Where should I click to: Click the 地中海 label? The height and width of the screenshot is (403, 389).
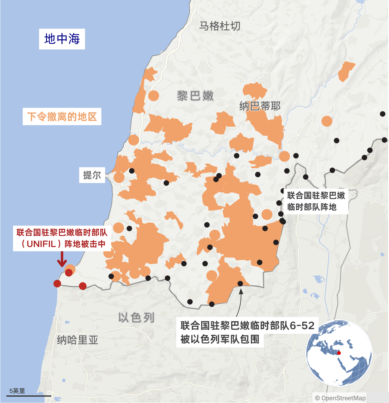[x=62, y=39]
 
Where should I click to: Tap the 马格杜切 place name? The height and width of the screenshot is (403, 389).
[x=220, y=26]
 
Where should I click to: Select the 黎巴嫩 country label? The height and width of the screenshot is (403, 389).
[x=195, y=96]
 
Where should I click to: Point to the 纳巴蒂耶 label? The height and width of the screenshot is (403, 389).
[x=260, y=106]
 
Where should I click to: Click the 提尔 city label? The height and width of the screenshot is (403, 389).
[x=92, y=175]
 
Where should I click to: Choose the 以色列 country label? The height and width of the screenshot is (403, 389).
[x=136, y=318]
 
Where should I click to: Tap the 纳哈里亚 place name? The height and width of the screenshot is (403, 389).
[x=78, y=340]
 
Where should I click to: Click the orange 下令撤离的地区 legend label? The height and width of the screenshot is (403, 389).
[x=62, y=116]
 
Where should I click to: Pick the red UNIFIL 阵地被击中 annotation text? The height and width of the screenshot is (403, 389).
[x=62, y=238]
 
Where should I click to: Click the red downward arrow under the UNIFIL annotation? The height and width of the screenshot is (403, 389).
[x=62, y=260]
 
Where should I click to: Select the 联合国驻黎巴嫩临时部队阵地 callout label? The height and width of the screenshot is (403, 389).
[x=316, y=201]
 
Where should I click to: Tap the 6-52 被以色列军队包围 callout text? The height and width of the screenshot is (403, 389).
[x=247, y=332]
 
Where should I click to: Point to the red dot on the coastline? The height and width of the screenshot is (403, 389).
[x=57, y=284]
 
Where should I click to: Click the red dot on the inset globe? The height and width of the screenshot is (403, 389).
[x=339, y=353]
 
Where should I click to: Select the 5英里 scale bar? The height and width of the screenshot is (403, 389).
[x=28, y=395]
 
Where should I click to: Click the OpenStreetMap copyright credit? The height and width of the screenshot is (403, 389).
[x=340, y=398]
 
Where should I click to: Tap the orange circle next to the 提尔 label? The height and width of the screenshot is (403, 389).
[x=119, y=178]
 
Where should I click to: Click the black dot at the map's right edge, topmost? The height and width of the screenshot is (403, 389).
[x=383, y=114]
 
